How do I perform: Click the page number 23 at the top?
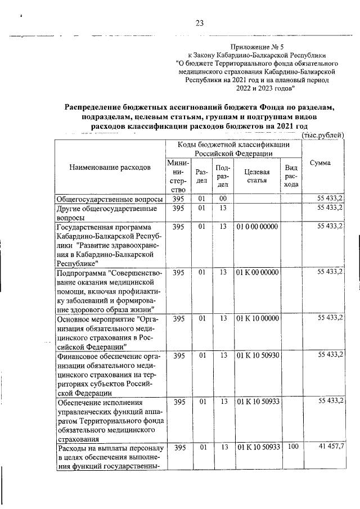tap(199, 23)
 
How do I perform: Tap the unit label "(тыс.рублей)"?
tap(322, 135)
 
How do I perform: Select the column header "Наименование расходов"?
tap(110, 168)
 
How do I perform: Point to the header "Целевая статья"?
tap(259, 176)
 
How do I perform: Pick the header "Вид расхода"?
tap(291, 176)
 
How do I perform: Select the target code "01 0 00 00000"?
tap(258, 226)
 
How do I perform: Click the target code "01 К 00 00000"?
tap(258, 273)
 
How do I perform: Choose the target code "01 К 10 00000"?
tap(258, 319)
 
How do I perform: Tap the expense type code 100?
tap(291, 447)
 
